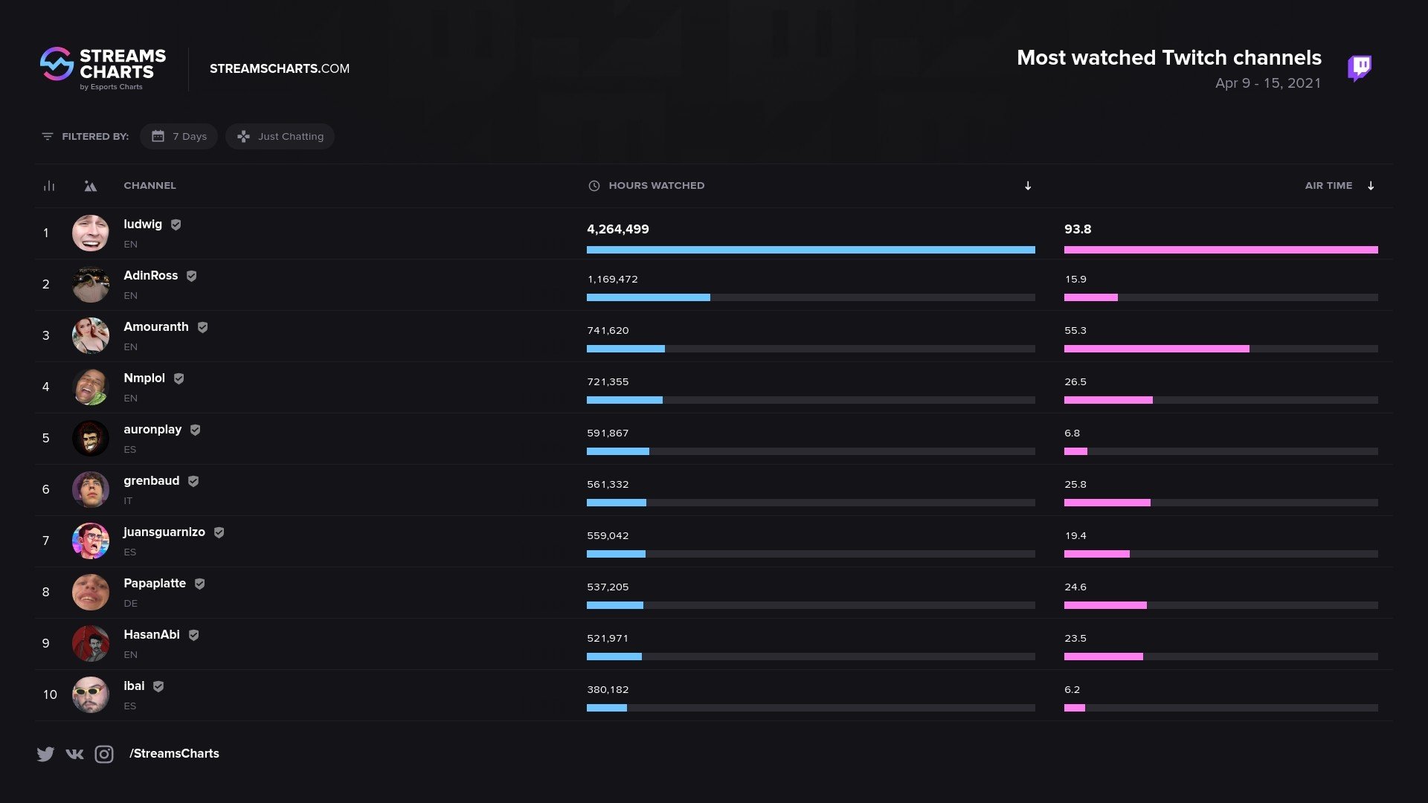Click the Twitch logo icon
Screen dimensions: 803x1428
pos(1360,68)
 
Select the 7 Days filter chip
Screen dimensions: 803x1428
pos(178,136)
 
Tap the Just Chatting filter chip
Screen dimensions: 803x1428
pos(280,136)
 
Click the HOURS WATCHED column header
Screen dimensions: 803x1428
pos(656,185)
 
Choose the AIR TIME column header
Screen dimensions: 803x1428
pos(1328,185)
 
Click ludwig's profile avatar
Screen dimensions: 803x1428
pos(91,233)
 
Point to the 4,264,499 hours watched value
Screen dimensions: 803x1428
pos(618,229)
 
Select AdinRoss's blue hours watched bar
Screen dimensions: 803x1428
pos(648,297)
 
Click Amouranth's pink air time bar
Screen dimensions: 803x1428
pos(1157,349)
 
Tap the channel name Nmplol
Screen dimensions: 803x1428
pos(144,378)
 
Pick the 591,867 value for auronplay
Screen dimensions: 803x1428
pos(608,433)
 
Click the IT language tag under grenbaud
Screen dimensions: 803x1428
pos(128,501)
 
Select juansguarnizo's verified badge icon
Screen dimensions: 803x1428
pos(219,532)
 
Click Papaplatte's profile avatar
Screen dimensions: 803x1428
pos(91,592)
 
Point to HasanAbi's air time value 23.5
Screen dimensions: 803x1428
pos(1075,638)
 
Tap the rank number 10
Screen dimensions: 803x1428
pos(50,694)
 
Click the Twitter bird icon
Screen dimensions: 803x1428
pos(45,754)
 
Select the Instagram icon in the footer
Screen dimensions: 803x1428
pos(104,754)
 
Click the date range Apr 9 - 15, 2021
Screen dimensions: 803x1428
pos(1267,83)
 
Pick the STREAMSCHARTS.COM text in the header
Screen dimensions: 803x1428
pos(280,68)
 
